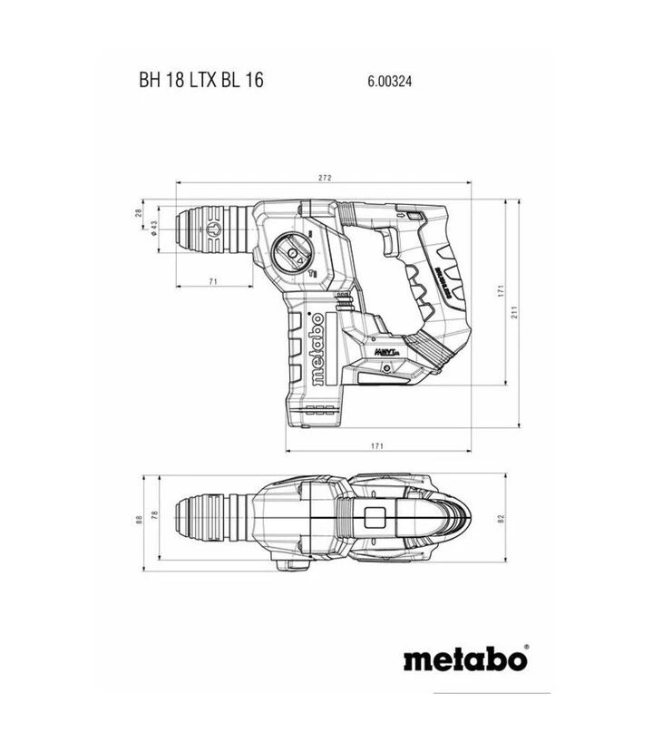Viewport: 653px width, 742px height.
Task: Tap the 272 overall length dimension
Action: click(x=325, y=178)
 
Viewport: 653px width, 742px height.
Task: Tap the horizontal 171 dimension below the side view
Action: click(x=378, y=445)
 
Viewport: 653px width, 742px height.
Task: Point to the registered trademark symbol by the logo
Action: click(x=527, y=646)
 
